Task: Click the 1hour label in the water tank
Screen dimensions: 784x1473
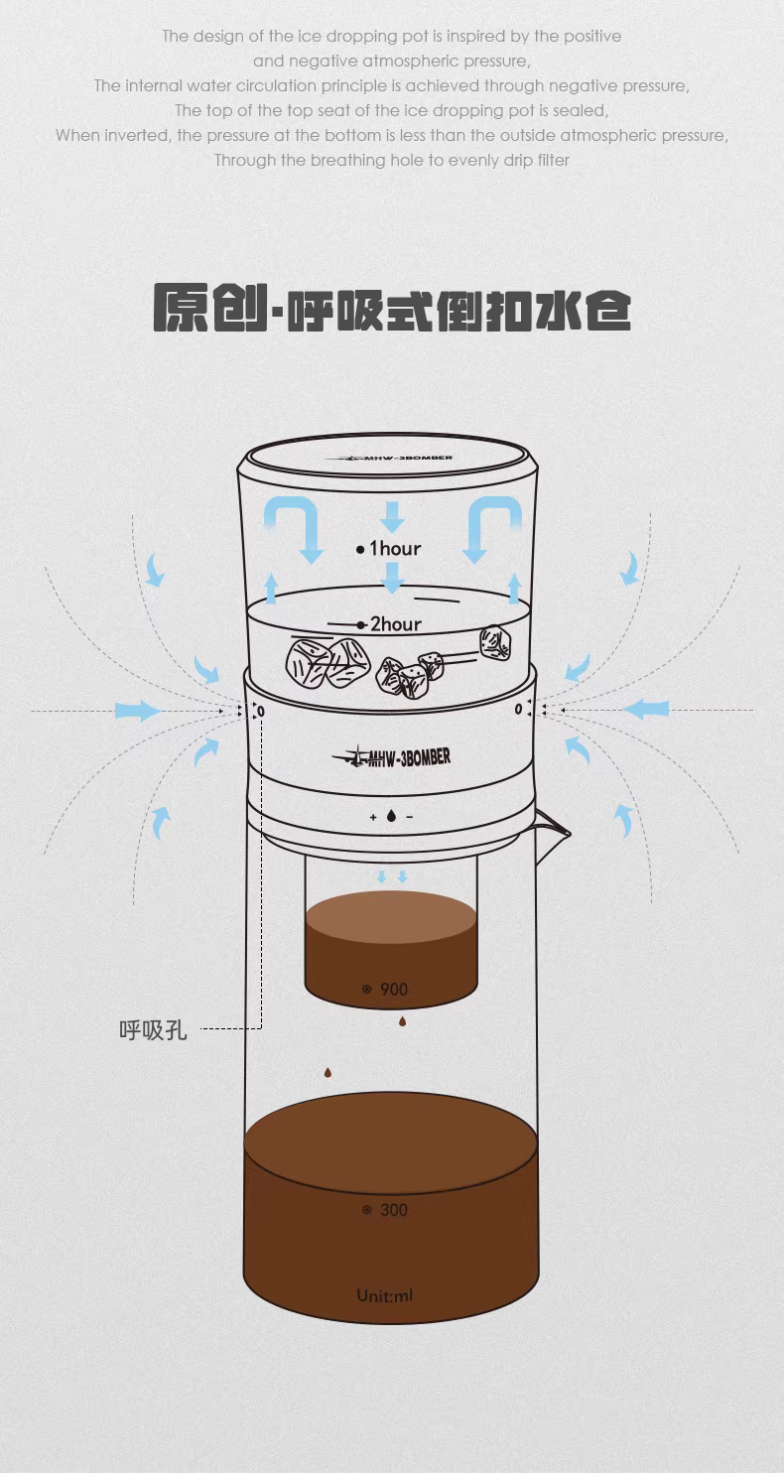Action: coord(395,548)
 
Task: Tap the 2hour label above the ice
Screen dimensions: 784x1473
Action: coord(396,624)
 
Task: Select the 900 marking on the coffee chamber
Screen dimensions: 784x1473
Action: coord(394,989)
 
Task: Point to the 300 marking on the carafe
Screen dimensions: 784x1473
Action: coord(394,1209)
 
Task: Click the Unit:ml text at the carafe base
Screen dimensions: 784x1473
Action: coord(385,1295)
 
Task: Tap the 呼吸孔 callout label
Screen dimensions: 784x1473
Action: coord(153,1029)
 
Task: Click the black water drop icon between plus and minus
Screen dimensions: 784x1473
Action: coord(391,816)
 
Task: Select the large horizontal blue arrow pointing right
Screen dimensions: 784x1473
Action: coord(138,711)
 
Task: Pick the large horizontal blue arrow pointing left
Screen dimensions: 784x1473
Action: coord(646,710)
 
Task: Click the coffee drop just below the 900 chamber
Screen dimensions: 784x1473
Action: coord(403,1021)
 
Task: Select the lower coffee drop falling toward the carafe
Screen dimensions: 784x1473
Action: coord(327,1073)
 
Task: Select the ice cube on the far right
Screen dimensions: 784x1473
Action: coord(494,643)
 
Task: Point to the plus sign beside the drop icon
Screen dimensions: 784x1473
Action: coord(373,817)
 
